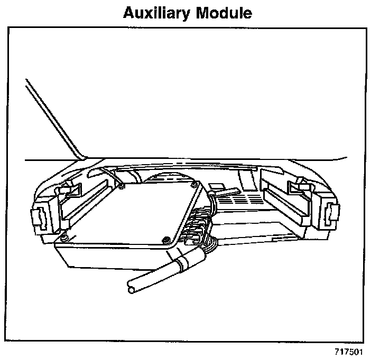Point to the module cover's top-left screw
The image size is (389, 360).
click(122, 185)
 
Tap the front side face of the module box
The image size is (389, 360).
click(106, 259)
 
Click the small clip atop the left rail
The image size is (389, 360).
click(68, 186)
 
